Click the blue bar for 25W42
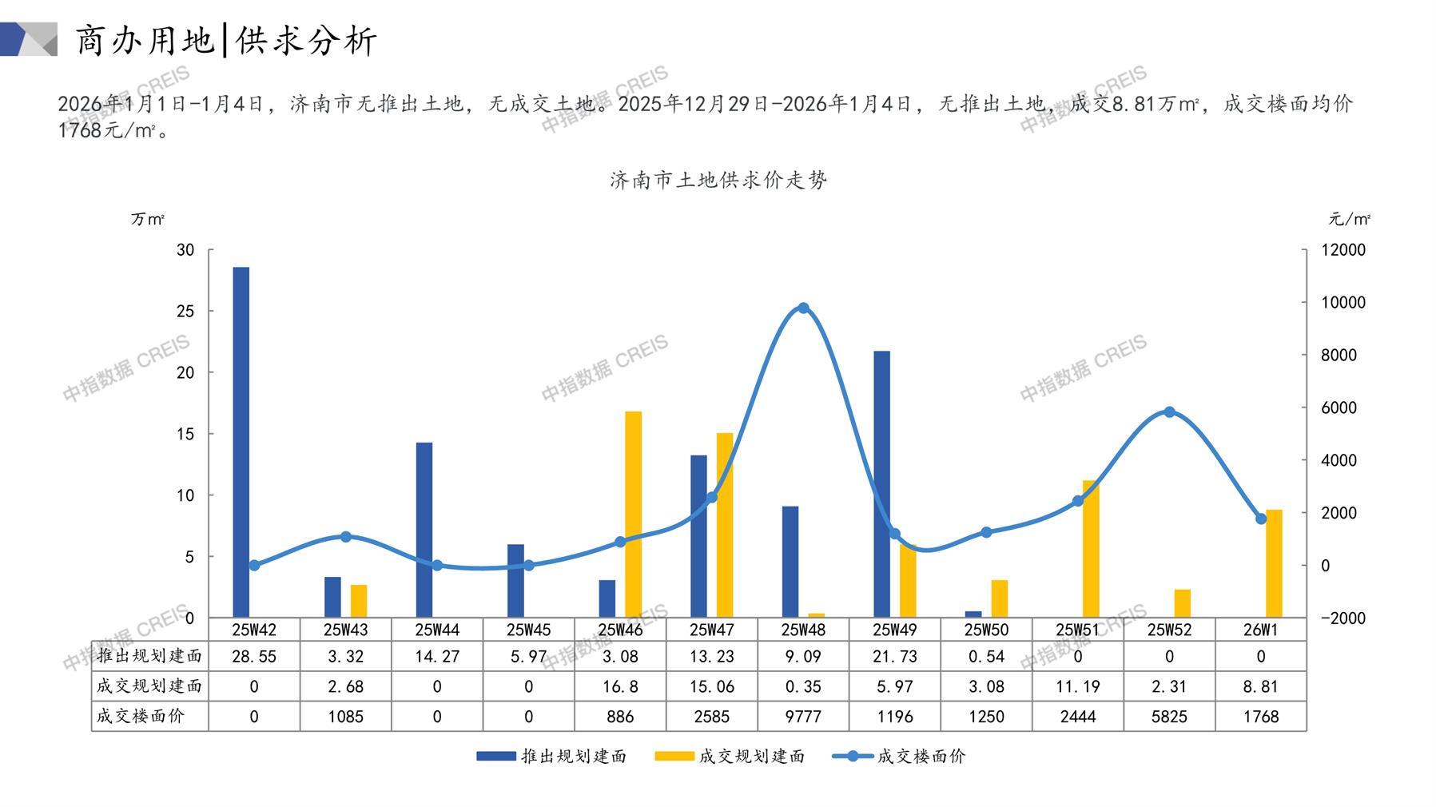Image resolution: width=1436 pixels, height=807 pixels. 241,442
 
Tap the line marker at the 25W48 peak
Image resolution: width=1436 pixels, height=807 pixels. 803,308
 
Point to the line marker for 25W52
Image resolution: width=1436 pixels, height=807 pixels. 1169,412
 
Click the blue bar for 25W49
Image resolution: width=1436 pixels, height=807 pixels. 881,483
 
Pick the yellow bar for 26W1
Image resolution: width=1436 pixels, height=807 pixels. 1274,563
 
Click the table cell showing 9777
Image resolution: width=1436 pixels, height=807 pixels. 803,717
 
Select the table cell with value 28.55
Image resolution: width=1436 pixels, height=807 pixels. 254,657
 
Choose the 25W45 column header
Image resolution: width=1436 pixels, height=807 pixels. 528,630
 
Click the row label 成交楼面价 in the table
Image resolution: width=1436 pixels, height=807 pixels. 141,716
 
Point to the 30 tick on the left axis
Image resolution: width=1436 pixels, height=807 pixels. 185,250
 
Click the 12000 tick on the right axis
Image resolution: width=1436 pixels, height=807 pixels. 1343,250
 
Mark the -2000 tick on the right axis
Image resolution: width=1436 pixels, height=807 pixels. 1343,618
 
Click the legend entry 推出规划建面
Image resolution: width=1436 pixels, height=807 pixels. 551,757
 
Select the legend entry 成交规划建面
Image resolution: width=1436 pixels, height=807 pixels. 730,757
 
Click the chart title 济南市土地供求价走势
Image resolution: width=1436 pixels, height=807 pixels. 718,181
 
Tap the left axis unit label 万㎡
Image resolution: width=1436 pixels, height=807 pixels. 148,219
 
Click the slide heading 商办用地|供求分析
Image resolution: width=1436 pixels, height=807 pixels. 225,40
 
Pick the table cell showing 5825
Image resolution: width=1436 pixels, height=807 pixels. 1169,717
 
